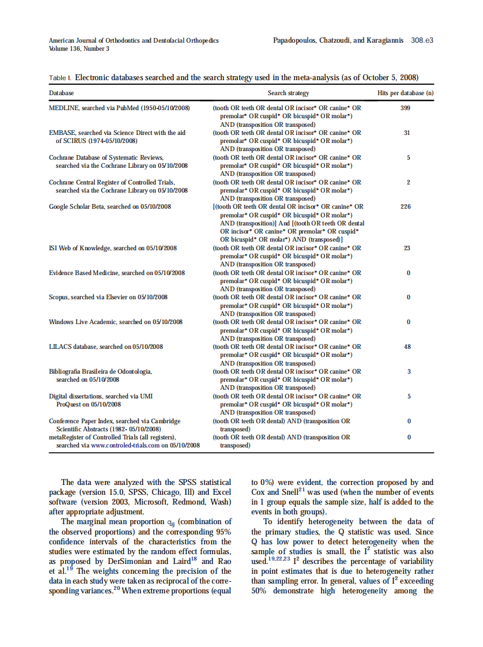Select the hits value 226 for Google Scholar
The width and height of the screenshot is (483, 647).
click(405, 206)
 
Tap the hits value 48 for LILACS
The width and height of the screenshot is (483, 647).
click(407, 347)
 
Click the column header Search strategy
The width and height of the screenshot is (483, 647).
click(288, 93)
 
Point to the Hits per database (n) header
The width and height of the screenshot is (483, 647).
click(405, 93)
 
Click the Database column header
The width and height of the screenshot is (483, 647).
click(61, 93)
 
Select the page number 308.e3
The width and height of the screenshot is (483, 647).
click(422, 41)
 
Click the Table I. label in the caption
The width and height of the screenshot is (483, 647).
click(60, 78)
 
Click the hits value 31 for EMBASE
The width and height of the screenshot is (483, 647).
click(407, 133)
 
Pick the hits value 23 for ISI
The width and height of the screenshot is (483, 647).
click(407, 248)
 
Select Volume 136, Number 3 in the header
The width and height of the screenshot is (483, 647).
click(79, 49)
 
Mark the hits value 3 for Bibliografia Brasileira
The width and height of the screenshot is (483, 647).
click(409, 371)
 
